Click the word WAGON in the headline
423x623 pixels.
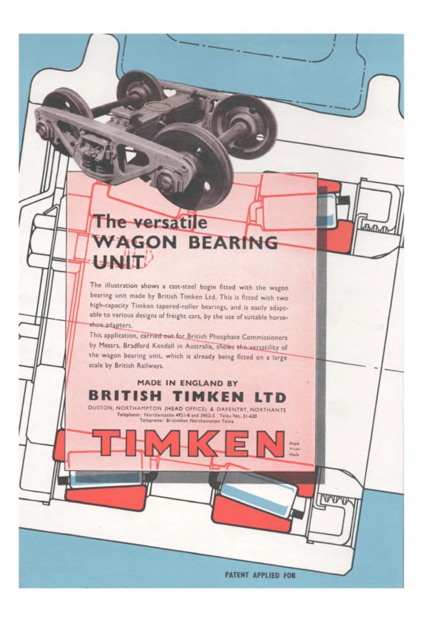pyautogui.click(x=135, y=242)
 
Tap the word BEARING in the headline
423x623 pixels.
pyautogui.click(x=233, y=242)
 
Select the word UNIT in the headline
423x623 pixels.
pyautogui.click(x=117, y=262)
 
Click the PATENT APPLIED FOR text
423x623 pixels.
pyautogui.click(x=260, y=575)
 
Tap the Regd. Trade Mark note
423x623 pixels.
pyautogui.click(x=294, y=448)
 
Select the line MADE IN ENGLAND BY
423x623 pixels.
pyautogui.click(x=187, y=383)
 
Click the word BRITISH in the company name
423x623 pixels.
pyautogui.click(x=125, y=396)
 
